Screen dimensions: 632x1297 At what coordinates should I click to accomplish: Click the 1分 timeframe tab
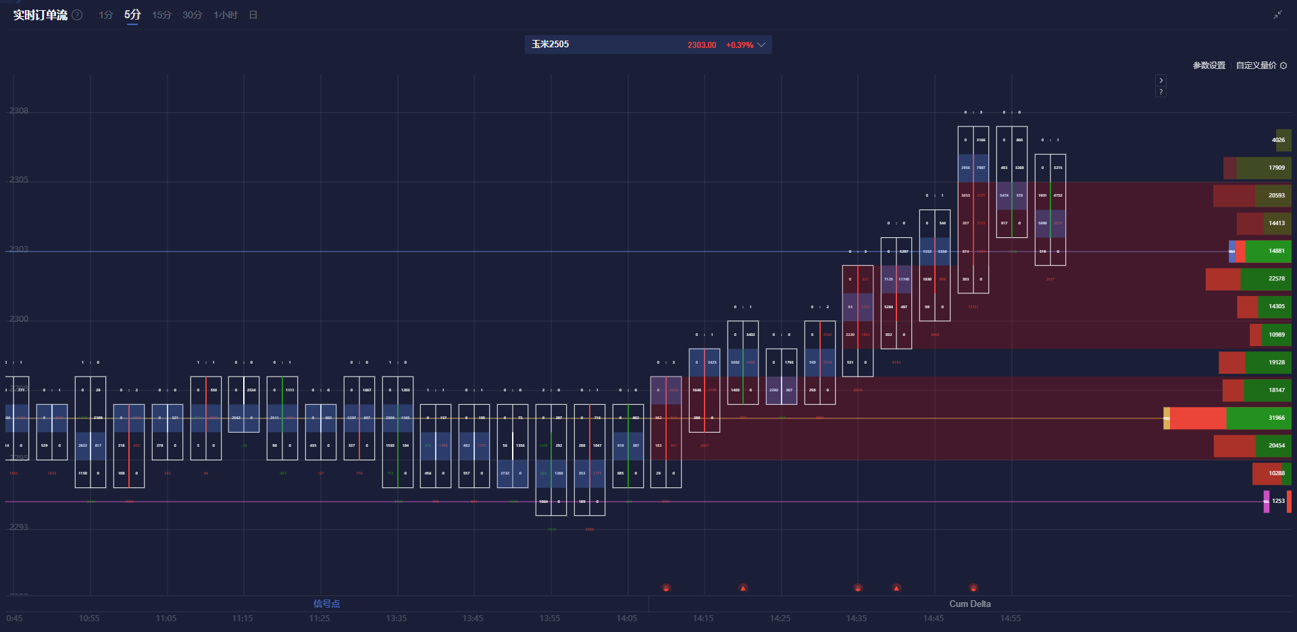tap(105, 15)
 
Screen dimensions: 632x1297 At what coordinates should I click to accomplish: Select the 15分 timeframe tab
tap(161, 15)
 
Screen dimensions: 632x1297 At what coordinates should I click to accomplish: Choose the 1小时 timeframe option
tap(225, 15)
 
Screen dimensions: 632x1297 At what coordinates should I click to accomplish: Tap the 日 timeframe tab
tap(253, 15)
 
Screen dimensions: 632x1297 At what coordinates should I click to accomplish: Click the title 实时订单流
tap(41, 15)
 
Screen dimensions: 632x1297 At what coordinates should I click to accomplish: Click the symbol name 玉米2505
tap(550, 45)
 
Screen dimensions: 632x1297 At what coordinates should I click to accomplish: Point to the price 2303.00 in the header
tap(702, 45)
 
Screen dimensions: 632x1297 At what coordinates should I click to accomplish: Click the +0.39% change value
tap(740, 45)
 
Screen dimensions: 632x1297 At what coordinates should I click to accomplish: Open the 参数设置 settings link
tap(1209, 66)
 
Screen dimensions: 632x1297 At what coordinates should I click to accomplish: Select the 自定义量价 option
tap(1256, 66)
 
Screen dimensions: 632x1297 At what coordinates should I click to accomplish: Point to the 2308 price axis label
tap(19, 111)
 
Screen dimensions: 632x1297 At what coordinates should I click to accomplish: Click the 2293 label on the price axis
tap(19, 527)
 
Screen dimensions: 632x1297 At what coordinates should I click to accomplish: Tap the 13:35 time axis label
tap(397, 618)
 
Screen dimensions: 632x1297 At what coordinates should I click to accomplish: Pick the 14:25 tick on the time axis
tap(780, 618)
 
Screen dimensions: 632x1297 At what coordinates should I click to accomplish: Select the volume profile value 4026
tap(1278, 141)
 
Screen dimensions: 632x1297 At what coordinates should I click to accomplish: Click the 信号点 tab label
tap(326, 604)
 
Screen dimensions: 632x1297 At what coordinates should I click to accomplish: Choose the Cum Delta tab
tap(970, 604)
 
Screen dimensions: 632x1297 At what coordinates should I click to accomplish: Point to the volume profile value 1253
tap(1278, 502)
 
